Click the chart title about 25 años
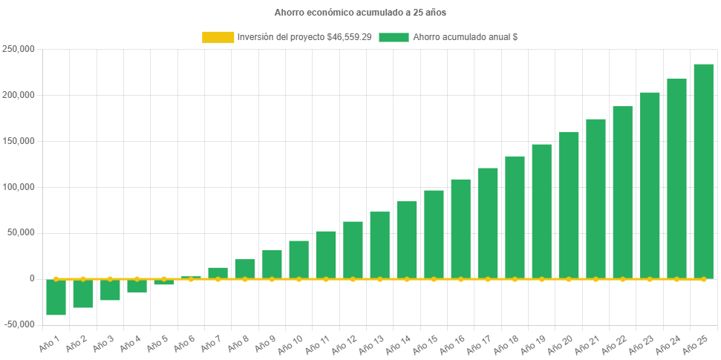[x=360, y=13]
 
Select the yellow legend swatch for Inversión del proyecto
[x=217, y=37]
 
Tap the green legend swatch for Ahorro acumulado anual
[x=394, y=37]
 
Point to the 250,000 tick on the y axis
[x=20, y=49]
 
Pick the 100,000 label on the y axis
[x=20, y=187]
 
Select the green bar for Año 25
[x=703, y=171]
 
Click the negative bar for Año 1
[x=56, y=297]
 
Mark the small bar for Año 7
[x=218, y=272]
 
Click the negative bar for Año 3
[x=110, y=289]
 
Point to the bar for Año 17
[x=488, y=223]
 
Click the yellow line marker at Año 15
[x=434, y=279]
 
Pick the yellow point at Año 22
[x=622, y=279]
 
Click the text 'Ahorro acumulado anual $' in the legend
[x=465, y=37]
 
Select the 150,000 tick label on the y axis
[x=20, y=141]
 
